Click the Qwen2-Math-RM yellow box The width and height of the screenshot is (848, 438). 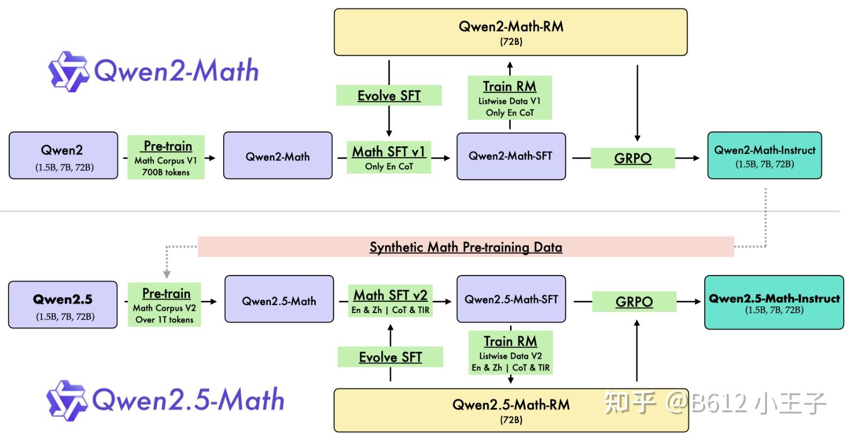click(510, 32)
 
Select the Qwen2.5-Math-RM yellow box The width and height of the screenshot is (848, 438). click(511, 411)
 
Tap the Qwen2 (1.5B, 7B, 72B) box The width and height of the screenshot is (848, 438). click(63, 155)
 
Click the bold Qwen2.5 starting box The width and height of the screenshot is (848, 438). click(63, 305)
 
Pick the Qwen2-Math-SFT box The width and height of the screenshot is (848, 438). click(511, 156)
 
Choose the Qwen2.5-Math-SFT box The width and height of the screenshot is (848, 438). click(511, 299)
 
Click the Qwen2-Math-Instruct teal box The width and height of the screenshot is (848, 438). click(764, 155)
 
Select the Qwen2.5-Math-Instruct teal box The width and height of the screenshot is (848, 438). click(773, 302)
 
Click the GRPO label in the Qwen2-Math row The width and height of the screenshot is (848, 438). click(632, 158)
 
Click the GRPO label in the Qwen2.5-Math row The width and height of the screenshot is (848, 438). click(634, 301)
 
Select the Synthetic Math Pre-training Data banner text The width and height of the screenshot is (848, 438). click(466, 247)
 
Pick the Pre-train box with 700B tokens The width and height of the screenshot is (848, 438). click(166, 158)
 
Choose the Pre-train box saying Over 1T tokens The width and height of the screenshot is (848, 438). click(164, 305)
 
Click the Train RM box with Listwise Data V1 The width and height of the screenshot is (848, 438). click(510, 98)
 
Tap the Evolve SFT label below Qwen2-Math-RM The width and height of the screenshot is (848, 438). click(389, 95)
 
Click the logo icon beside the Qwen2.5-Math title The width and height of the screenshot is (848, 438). click(66, 400)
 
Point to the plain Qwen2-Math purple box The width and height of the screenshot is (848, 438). click(277, 156)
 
